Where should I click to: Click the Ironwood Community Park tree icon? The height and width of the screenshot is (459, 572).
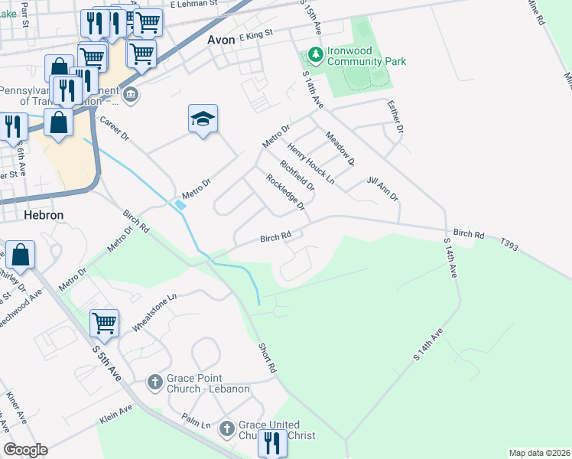(314, 55)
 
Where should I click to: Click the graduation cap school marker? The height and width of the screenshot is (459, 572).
(203, 119)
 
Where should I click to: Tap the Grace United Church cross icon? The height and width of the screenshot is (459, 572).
(226, 428)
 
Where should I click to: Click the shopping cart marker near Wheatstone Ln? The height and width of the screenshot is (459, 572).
(104, 323)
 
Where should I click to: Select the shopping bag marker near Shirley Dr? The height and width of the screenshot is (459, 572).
(21, 254)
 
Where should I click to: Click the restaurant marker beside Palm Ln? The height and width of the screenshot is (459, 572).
(271, 442)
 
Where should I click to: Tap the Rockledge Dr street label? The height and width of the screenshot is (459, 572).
(284, 192)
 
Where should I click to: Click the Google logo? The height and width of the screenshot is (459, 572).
(25, 451)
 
